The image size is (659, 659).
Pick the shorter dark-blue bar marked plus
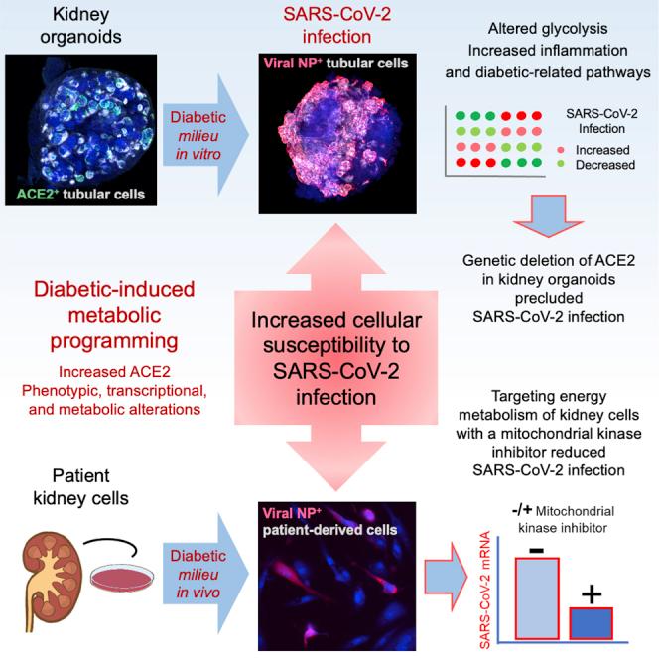(x=591, y=622)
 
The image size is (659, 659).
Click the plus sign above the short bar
(x=592, y=593)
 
